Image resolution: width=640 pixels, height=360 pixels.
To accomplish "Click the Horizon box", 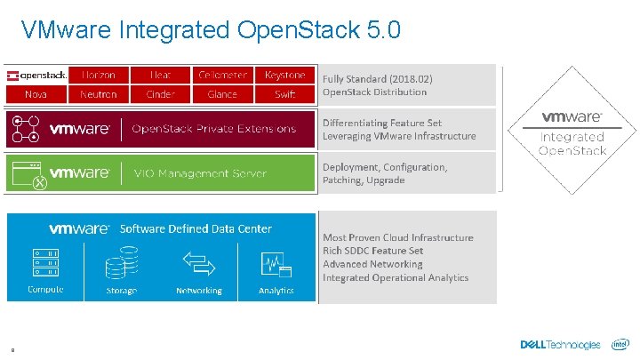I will coord(98,75).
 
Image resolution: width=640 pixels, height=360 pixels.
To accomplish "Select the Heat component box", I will coord(160,75).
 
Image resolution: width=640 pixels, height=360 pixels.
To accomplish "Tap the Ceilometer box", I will coord(222,75).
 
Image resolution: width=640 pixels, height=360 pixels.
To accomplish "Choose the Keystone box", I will coord(284,75).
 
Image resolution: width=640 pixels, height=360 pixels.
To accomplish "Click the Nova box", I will coord(36,94).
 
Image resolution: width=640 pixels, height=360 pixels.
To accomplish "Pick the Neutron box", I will coord(98,94).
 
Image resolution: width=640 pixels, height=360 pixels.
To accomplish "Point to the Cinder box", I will coord(160,94).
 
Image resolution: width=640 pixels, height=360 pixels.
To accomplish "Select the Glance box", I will coord(222,94).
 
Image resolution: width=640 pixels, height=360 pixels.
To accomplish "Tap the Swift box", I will coord(284,94).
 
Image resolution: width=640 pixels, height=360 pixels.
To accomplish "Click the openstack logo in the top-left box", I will coord(36,75).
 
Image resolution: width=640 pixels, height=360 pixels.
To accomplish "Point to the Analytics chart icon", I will coord(276,264).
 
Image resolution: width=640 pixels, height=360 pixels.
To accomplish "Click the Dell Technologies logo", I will coord(560,345).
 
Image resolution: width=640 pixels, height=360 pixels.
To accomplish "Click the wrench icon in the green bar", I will coord(38,181).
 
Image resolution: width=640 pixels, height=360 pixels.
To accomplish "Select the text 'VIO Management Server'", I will coord(199,173).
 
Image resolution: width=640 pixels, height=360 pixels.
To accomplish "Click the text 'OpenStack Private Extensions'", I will coord(213,129).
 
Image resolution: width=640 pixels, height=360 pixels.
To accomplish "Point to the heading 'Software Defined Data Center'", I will coord(196,228).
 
